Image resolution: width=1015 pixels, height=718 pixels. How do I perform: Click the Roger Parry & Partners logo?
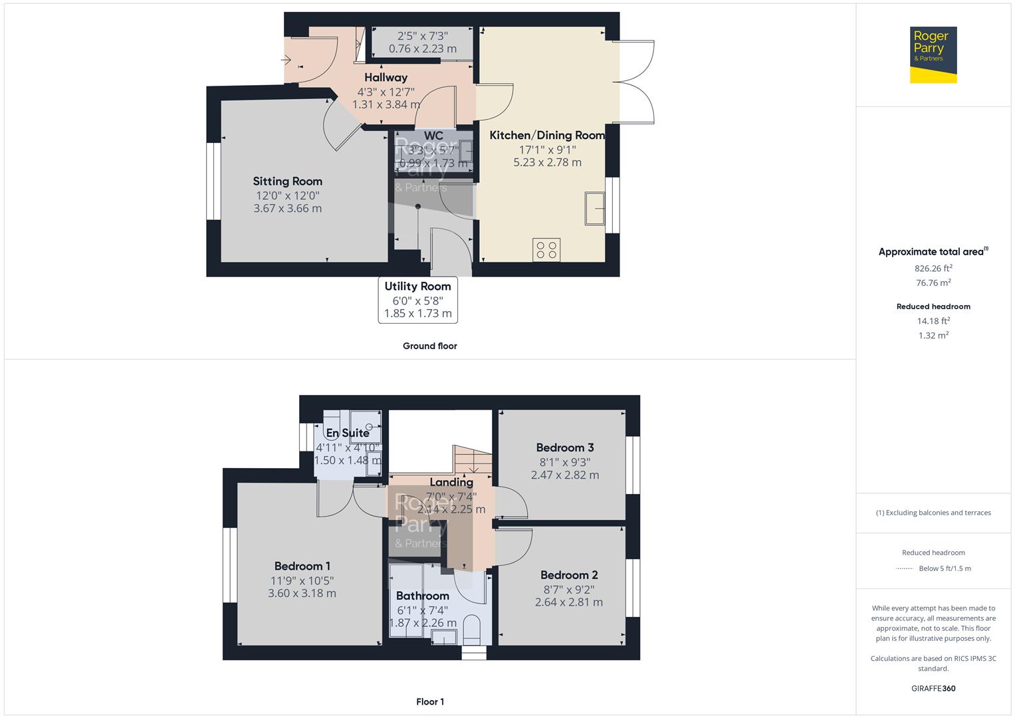(x=933, y=55)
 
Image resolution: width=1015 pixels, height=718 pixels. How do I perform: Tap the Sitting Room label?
(x=287, y=181)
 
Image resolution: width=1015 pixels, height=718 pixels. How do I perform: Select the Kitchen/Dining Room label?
(x=547, y=135)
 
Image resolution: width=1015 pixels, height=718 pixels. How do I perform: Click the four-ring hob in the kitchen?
(x=546, y=250)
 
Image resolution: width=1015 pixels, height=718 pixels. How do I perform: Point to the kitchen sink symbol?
(x=595, y=208)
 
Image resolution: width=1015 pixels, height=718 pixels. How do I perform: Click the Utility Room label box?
(x=417, y=300)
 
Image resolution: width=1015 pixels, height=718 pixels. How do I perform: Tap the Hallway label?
(x=386, y=77)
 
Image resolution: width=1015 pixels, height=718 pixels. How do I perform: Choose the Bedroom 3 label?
(x=565, y=447)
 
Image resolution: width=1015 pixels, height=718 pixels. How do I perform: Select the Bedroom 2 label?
(x=569, y=575)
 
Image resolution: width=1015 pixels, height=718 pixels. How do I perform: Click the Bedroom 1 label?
(x=302, y=566)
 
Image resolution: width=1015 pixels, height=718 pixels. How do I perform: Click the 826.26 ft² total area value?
(x=933, y=269)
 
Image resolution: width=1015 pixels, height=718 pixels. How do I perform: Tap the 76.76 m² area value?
(x=933, y=283)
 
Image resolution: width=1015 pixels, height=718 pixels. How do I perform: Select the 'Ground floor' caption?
(x=429, y=346)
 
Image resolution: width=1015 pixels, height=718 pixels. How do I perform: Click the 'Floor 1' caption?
(x=429, y=701)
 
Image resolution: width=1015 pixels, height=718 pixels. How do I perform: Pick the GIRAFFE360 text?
(x=933, y=688)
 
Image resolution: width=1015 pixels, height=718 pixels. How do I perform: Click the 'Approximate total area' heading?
(x=931, y=252)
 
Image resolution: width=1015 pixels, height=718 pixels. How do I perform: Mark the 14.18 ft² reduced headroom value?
(x=933, y=321)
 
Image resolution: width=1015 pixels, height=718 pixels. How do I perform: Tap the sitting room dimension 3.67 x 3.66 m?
(x=287, y=208)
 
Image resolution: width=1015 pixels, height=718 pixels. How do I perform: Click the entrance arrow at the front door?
(x=287, y=60)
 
